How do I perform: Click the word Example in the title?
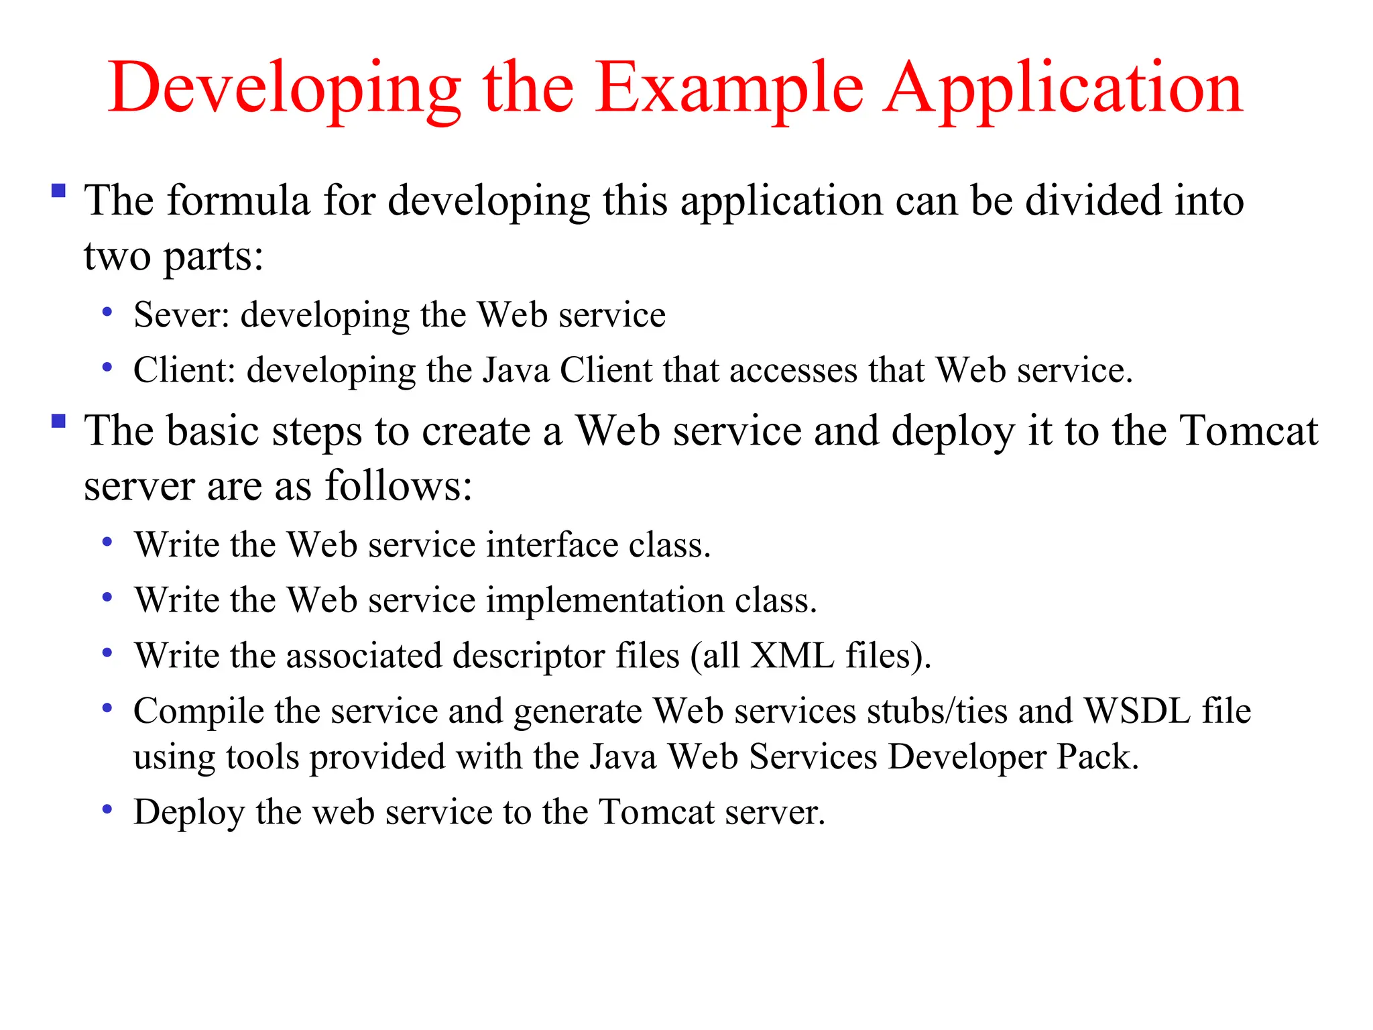point(729,89)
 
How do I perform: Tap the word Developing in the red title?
point(284,89)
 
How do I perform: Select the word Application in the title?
point(1064,89)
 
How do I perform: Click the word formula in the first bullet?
point(238,201)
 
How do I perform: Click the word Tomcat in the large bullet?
point(1248,431)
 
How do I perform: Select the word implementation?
point(605,600)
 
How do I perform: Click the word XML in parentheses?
point(792,655)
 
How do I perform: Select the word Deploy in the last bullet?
point(189,813)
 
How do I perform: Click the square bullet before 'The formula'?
point(58,190)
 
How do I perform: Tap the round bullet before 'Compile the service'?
point(107,707)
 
